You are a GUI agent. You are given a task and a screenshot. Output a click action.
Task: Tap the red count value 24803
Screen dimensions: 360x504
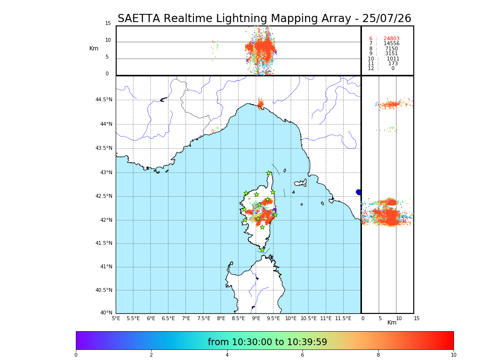coord(391,39)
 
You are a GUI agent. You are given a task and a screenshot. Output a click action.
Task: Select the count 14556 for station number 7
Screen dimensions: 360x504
coord(391,44)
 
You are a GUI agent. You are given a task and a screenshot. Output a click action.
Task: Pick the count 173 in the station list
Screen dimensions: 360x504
coord(393,64)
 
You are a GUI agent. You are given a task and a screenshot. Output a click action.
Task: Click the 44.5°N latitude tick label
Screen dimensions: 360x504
coord(104,100)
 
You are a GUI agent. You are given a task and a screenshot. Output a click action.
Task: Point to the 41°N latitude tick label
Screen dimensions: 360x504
coord(105,267)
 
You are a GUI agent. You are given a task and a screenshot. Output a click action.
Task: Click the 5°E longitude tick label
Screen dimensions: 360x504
coord(116,318)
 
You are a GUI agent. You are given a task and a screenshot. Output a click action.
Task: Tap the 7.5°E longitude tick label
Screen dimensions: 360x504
coord(204,318)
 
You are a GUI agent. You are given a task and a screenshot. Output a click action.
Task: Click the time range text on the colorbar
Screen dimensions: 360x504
coord(267,342)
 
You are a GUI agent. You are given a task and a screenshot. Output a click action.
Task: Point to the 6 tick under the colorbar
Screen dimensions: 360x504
coord(302,355)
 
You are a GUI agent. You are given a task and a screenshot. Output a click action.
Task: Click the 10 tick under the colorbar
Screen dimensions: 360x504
coord(453,355)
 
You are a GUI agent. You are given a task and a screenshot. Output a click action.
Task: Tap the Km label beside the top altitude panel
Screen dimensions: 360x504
coord(94,48)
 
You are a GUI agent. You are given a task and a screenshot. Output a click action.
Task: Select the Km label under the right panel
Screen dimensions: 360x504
coord(392,323)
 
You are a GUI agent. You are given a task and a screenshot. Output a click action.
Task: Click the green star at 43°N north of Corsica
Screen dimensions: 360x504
coord(269,173)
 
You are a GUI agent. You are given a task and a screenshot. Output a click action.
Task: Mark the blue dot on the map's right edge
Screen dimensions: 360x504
coord(359,192)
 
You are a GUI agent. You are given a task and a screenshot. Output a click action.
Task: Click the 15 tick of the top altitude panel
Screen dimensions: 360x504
coord(108,24)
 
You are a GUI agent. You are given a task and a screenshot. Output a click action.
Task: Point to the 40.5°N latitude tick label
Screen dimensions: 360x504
coord(104,290)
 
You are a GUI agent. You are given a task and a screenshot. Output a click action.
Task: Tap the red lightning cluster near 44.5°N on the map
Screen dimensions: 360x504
coord(260,103)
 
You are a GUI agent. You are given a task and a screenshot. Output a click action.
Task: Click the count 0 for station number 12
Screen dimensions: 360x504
coord(393,69)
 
